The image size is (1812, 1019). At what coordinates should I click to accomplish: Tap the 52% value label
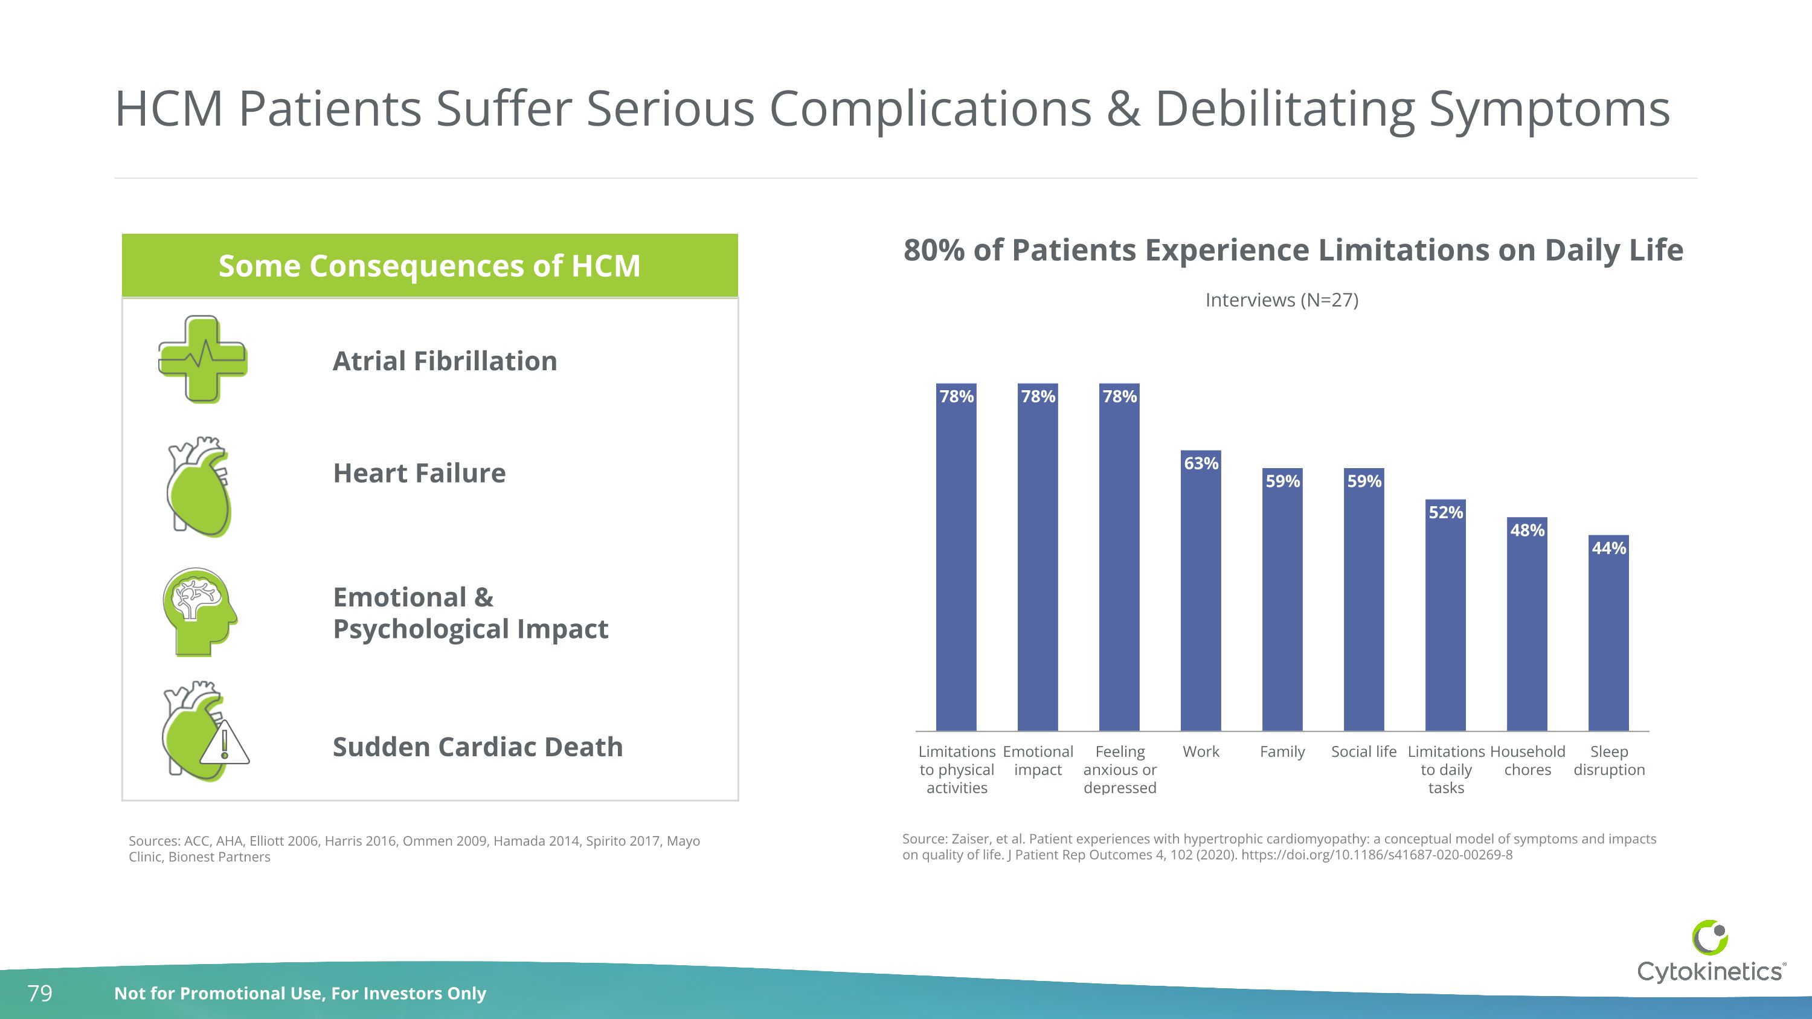point(1445,513)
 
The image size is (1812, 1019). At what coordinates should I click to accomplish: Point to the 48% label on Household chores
point(1527,530)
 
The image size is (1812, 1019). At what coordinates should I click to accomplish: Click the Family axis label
point(1282,752)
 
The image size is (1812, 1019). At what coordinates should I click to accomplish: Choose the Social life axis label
point(1363,752)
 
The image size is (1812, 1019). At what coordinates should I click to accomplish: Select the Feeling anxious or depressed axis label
point(1119,770)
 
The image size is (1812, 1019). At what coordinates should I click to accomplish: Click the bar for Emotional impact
point(1038,562)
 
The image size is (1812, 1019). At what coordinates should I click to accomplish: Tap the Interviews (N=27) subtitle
point(1282,300)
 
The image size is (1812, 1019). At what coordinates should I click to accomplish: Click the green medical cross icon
point(202,359)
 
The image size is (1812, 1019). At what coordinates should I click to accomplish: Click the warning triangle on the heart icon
point(225,744)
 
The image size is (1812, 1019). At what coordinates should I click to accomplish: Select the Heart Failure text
point(419,474)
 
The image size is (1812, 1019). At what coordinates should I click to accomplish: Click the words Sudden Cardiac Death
point(478,747)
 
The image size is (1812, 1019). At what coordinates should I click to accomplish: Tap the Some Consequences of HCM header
point(429,266)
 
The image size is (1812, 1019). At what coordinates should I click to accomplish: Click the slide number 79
point(40,993)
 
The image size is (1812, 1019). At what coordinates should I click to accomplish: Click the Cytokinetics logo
point(1709,953)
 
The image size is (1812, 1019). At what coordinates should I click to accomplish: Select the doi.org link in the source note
point(1376,855)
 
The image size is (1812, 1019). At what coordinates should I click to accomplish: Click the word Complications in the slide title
point(930,110)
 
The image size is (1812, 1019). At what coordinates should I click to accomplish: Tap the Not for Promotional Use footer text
point(300,993)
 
